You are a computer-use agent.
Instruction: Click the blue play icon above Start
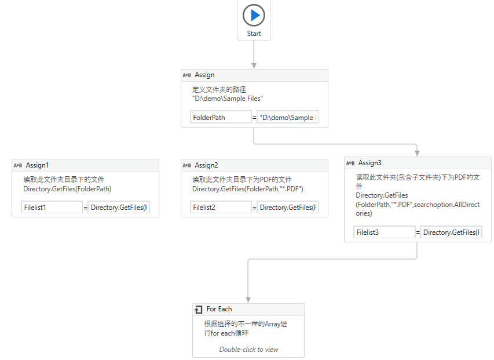(x=254, y=15)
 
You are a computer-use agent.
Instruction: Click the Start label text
(x=254, y=34)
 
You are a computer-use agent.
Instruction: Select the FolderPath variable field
(x=221, y=118)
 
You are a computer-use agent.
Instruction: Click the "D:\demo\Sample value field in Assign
(x=287, y=118)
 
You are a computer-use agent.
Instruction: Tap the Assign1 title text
(x=38, y=165)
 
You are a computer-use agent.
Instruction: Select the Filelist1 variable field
(x=52, y=208)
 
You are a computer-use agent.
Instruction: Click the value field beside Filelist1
(x=118, y=208)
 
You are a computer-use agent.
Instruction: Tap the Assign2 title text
(x=207, y=165)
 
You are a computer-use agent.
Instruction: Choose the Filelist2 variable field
(x=221, y=208)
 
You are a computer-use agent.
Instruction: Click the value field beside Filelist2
(x=287, y=208)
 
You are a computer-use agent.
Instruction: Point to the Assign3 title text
(x=370, y=163)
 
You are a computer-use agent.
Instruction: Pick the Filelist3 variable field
(x=384, y=232)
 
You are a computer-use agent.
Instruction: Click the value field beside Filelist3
(x=451, y=232)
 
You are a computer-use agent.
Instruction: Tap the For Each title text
(x=219, y=309)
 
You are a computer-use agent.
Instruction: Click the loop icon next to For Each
(x=199, y=310)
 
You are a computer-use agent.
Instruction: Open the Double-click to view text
(x=248, y=350)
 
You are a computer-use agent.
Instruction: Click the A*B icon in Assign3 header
(x=350, y=163)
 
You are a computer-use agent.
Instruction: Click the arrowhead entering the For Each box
(x=248, y=299)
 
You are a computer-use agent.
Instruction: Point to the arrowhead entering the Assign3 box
(x=417, y=153)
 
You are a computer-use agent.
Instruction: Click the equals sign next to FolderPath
(x=254, y=118)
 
